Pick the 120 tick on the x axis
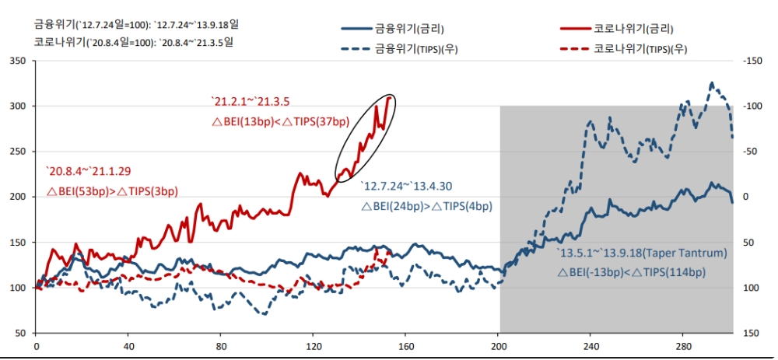pyautogui.click(x=314, y=347)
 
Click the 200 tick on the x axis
pyautogui.click(x=499, y=347)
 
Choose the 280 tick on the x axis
pyautogui.click(x=684, y=347)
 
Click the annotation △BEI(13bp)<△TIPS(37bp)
pyautogui.click(x=281, y=123)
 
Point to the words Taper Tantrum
pyautogui.click(x=689, y=253)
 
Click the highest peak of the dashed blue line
pyautogui.click(x=710, y=82)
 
